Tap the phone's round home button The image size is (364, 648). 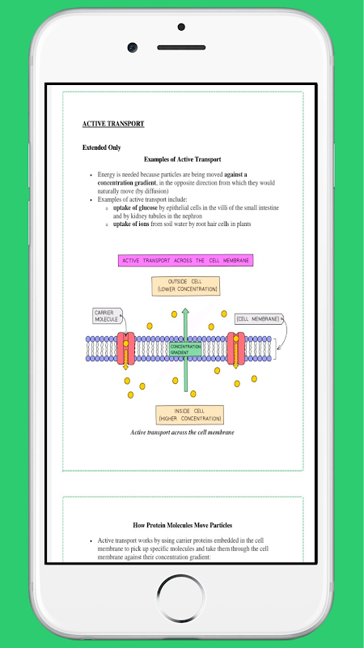(x=180, y=598)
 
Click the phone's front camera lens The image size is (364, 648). (x=132, y=47)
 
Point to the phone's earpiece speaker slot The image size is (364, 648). (x=181, y=48)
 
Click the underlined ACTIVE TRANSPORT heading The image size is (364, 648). (x=113, y=124)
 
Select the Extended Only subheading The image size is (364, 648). (x=102, y=147)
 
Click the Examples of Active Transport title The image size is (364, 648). (x=183, y=160)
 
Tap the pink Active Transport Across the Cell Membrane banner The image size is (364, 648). (x=185, y=260)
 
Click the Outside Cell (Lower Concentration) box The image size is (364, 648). (x=186, y=286)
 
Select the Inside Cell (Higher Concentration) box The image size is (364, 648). (x=189, y=415)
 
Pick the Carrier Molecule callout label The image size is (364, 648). (x=107, y=316)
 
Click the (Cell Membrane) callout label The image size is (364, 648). (x=259, y=319)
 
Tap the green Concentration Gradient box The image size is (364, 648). (x=185, y=350)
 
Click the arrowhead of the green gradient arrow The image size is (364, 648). (x=186, y=311)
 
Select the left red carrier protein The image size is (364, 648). (x=125, y=348)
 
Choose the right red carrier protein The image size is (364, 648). (x=235, y=348)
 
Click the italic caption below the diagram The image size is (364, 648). (x=183, y=433)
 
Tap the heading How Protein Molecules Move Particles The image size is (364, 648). (x=183, y=525)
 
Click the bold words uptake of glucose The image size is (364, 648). (x=135, y=208)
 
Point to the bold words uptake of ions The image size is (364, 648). (x=131, y=224)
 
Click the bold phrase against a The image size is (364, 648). (x=235, y=174)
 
